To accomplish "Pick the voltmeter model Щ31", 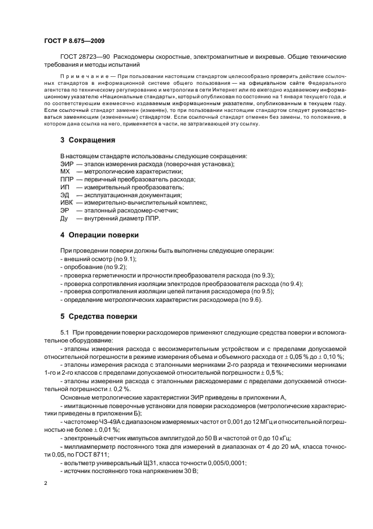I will coord(128,462).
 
